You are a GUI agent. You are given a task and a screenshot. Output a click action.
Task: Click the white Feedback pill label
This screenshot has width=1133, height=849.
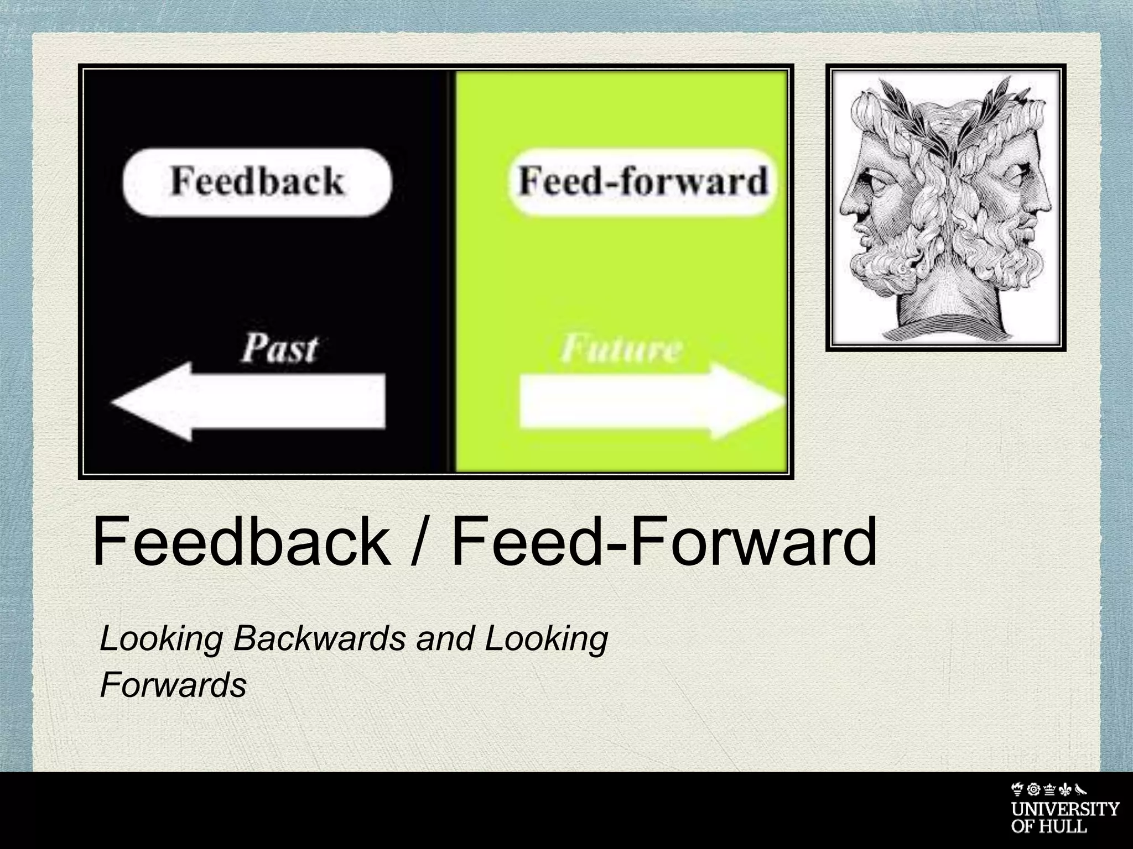tap(257, 181)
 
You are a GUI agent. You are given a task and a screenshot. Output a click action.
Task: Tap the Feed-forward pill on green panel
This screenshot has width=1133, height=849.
tap(643, 181)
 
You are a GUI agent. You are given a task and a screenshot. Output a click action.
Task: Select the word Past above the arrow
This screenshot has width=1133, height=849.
tap(279, 349)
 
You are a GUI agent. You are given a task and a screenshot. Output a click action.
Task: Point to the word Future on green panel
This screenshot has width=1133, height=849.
tap(621, 349)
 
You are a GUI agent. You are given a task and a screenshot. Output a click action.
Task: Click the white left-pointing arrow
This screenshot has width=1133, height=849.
tap(249, 401)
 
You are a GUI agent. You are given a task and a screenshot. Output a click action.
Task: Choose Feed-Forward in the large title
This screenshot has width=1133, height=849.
tap(664, 542)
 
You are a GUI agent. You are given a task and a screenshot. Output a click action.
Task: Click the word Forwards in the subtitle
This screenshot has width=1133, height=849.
tap(173, 686)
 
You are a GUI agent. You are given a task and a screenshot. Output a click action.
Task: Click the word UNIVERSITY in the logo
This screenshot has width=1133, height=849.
tap(1065, 809)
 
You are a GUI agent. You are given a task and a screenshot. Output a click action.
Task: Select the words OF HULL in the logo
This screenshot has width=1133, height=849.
tap(1049, 827)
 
